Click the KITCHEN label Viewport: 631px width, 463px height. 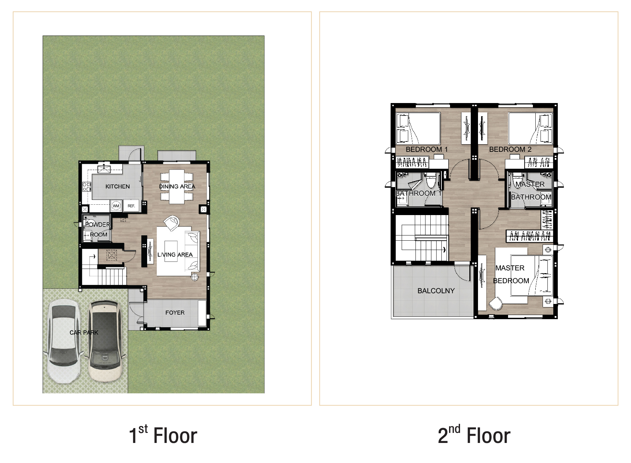(117, 186)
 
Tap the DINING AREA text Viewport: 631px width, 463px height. (177, 186)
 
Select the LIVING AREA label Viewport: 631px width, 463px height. (175, 254)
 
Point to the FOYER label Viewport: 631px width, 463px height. (175, 313)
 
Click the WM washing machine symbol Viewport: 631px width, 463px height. (116, 206)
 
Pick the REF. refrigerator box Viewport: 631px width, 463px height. (131, 205)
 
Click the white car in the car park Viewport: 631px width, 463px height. (64, 341)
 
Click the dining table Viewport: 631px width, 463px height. (176, 186)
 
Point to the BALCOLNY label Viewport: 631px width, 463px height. (436, 291)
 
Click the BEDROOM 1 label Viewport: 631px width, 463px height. (427, 149)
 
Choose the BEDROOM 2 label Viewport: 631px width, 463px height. (510, 149)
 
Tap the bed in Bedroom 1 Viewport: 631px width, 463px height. (418, 128)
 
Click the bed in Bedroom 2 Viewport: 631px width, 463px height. (530, 128)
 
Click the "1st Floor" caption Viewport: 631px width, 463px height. (163, 435)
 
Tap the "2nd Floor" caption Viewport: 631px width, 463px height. (474, 435)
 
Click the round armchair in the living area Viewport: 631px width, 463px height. (171, 223)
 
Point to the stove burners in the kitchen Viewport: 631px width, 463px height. (87, 187)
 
